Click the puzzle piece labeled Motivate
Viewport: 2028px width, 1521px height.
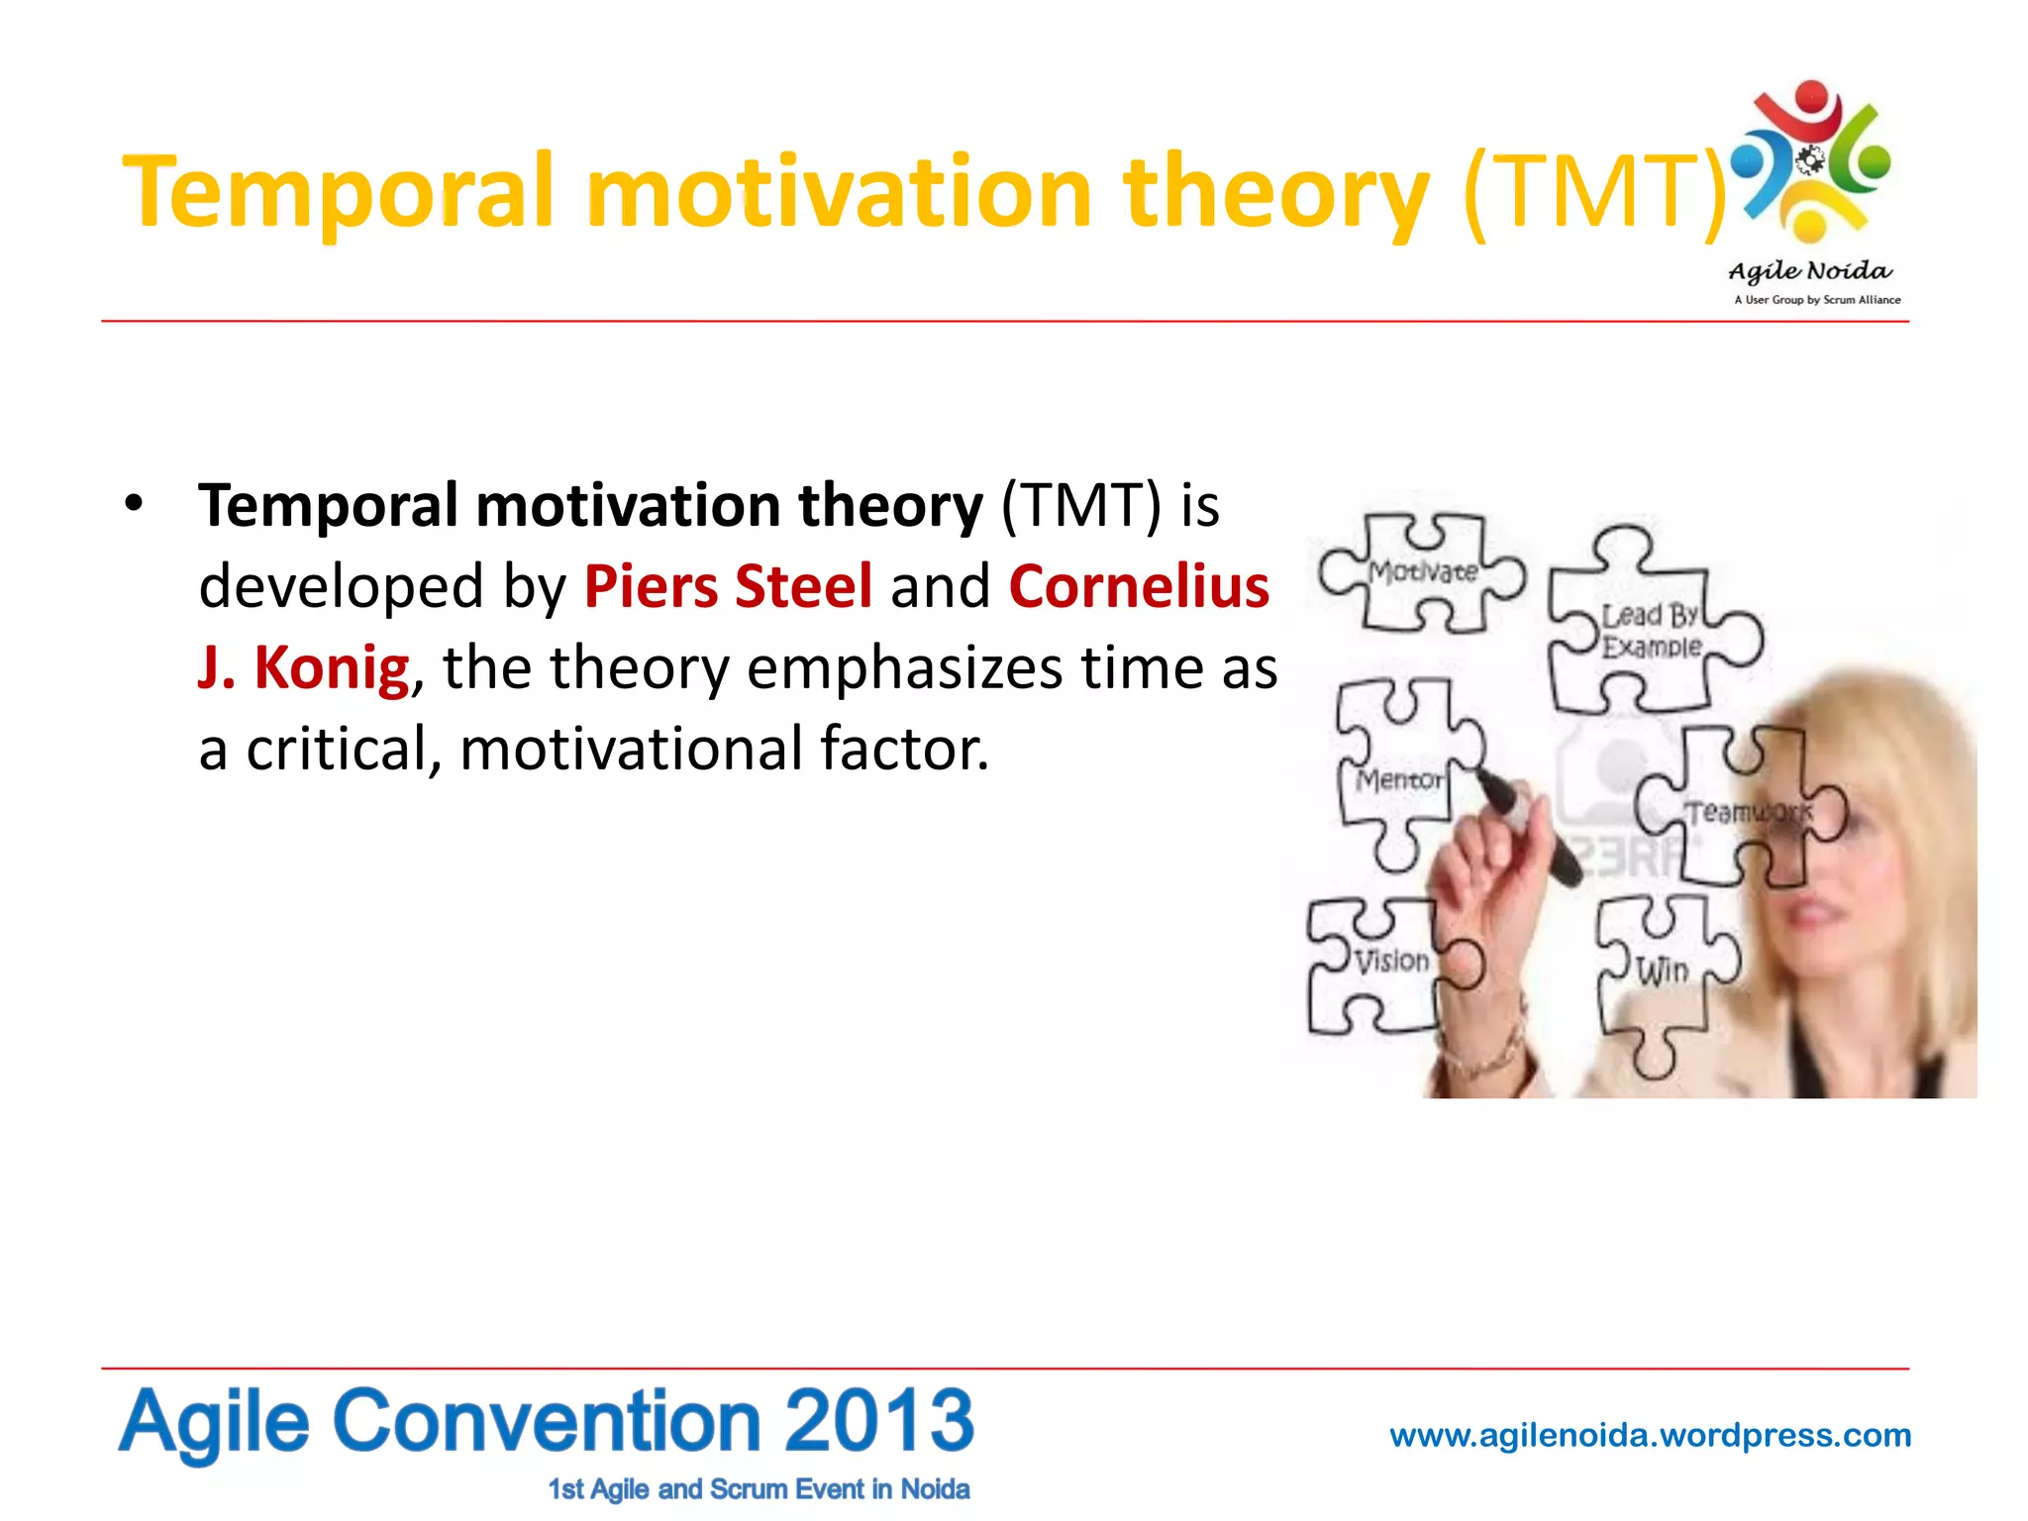pos(1422,572)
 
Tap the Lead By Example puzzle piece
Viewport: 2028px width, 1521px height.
pos(1652,630)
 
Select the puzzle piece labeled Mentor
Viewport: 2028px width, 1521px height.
pos(1398,778)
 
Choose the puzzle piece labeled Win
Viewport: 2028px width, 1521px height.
pos(1662,970)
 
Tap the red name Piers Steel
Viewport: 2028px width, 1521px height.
pos(728,586)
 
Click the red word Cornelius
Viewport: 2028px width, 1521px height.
pos(1139,586)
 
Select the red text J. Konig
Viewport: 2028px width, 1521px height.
pos(303,667)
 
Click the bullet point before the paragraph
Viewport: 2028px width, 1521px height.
pos(135,504)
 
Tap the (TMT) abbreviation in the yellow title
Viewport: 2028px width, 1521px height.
pos(1594,191)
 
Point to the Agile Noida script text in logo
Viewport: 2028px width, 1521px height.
pos(1809,271)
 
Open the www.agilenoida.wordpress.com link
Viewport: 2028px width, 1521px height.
pos(1650,1435)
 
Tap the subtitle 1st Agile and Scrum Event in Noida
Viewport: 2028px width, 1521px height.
pos(759,1489)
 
